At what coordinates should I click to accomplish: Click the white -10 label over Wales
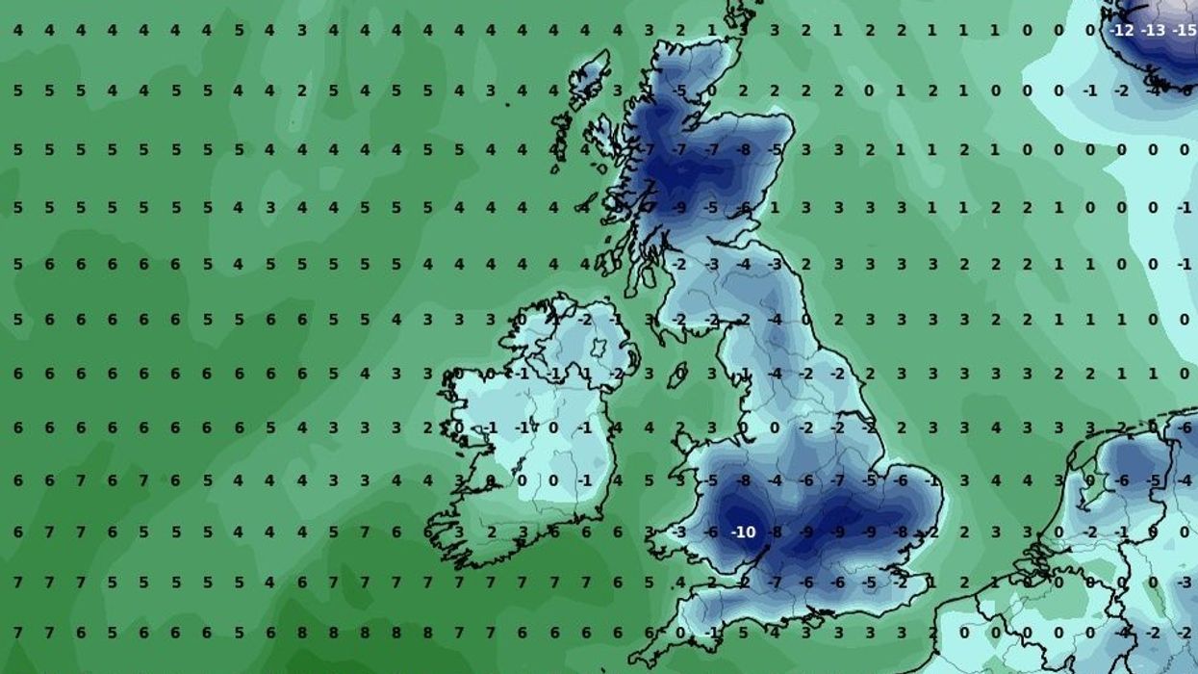coord(743,531)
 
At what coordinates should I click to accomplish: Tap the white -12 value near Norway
coord(1122,31)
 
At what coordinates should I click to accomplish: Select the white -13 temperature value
coord(1153,31)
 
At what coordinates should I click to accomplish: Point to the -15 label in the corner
coord(1184,31)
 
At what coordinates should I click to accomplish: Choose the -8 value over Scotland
coord(743,150)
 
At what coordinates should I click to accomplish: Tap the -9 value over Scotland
coord(680,207)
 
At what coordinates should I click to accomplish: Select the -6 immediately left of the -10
coord(711,531)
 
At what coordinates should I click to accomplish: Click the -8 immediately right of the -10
coord(775,531)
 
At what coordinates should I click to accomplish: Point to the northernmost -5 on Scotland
coord(680,91)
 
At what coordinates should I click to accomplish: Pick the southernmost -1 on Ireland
coord(584,480)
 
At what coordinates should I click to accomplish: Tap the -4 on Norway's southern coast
coord(1153,91)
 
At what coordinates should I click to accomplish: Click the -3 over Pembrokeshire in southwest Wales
coord(679,531)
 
